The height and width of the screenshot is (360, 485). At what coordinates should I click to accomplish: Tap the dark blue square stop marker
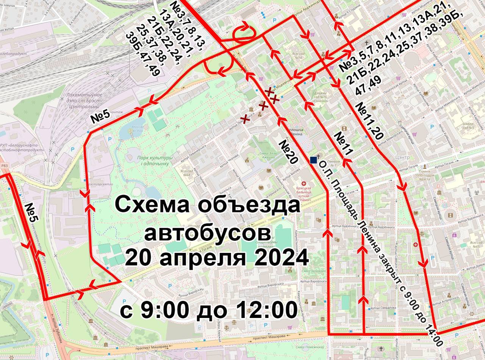(x=313, y=160)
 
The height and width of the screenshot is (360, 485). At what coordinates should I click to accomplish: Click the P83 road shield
(x=4, y=165)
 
